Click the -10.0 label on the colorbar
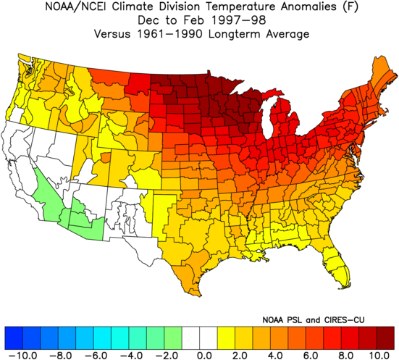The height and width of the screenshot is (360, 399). click(x=22, y=356)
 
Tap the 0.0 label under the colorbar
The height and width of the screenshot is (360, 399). click(x=205, y=356)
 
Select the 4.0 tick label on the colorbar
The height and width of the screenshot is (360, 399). click(x=275, y=356)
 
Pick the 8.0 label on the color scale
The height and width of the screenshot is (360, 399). click(x=346, y=356)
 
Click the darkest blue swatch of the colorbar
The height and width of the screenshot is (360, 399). click(x=14, y=338)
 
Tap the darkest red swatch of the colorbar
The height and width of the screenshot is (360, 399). click(x=385, y=338)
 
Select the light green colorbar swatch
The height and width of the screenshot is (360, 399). click(x=173, y=338)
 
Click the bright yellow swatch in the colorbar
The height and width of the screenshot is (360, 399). click(x=226, y=338)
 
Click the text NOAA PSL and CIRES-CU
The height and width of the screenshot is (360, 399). click(x=314, y=319)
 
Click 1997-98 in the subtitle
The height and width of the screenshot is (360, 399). click(x=239, y=20)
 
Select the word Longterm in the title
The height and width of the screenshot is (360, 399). click(x=235, y=34)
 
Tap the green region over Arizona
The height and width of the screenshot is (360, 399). click(x=84, y=221)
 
